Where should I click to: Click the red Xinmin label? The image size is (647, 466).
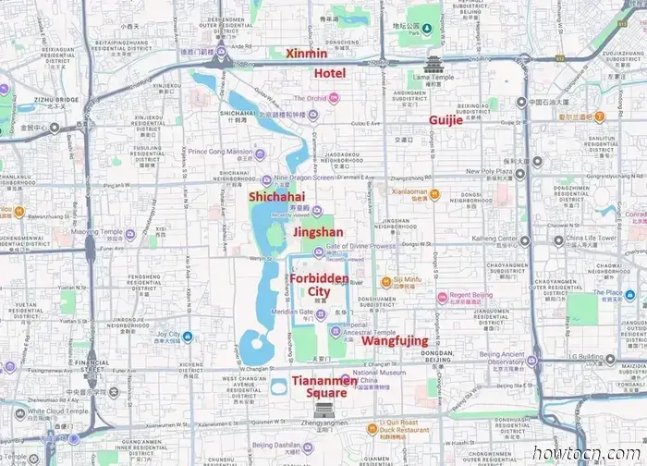pyautogui.click(x=307, y=54)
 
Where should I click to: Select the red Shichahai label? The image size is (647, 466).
pyautogui.click(x=276, y=196)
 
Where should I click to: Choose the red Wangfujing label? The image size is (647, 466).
pyautogui.click(x=394, y=341)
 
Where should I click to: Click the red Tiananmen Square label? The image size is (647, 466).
pyautogui.click(x=319, y=386)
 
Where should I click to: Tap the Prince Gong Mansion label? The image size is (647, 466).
pyautogui.click(x=219, y=152)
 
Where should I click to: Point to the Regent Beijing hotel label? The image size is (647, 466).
pyautogui.click(x=473, y=296)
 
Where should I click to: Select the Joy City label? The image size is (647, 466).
pyautogui.click(x=167, y=334)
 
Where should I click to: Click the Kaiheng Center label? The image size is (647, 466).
pyautogui.click(x=494, y=239)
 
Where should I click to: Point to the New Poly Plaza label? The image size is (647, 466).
pyautogui.click(x=489, y=172)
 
